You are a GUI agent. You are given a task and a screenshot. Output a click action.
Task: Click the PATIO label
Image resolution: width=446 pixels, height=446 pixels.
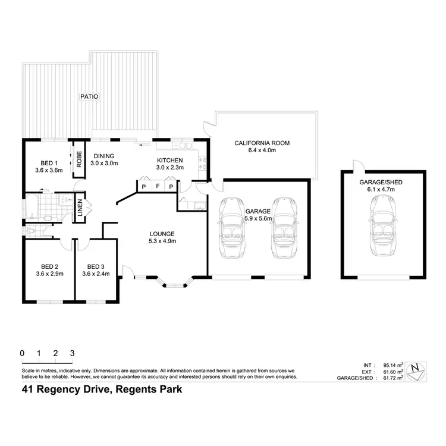(x=90, y=96)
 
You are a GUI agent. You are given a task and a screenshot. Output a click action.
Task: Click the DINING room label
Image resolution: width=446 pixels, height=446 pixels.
(x=105, y=158)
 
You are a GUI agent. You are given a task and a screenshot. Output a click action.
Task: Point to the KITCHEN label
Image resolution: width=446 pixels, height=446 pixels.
(x=169, y=164)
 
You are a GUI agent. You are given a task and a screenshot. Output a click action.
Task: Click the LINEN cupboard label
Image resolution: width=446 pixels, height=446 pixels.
(x=80, y=206)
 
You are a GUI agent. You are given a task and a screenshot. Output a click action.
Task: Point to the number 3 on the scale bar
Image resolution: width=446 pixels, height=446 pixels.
(x=72, y=353)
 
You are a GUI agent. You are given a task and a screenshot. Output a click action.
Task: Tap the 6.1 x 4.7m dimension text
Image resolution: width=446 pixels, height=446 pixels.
(x=384, y=189)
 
